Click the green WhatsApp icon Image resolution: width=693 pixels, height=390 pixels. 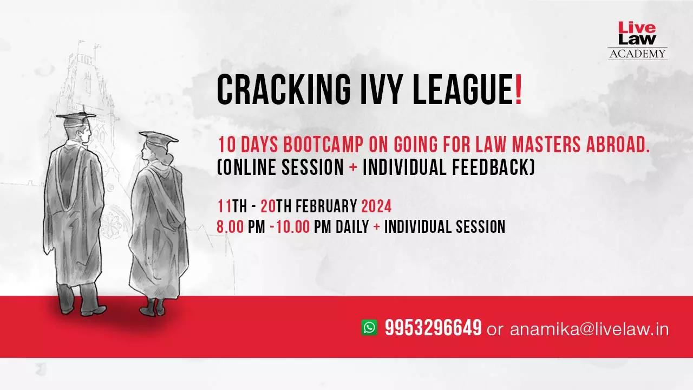click(369, 327)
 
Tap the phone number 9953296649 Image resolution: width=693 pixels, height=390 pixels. click(434, 328)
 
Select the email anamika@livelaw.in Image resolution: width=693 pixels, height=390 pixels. click(590, 329)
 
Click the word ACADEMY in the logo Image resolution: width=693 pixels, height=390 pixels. click(637, 54)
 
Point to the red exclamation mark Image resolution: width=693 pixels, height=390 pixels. click(519, 90)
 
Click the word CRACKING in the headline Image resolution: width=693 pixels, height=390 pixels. click(284, 90)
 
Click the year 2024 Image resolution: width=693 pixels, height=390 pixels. click(376, 206)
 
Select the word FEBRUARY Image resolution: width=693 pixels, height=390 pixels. click(326, 206)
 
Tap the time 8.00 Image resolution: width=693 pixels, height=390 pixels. click(231, 226)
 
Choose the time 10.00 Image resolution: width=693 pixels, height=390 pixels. click(293, 226)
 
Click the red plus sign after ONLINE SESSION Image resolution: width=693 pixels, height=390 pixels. click(353, 167)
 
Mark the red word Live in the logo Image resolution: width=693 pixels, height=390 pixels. click(637, 28)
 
